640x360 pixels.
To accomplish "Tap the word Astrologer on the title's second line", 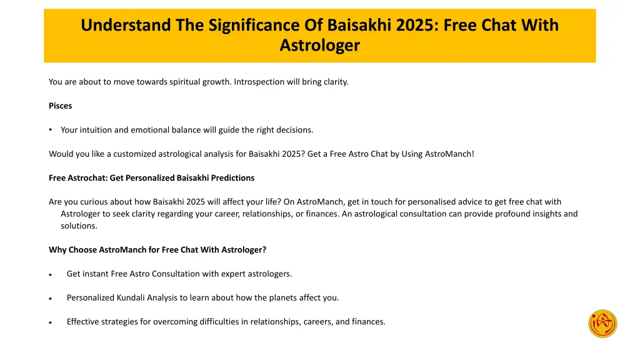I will pyautogui.click(x=319, y=46).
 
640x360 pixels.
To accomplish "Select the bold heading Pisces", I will pyautogui.click(x=60, y=106).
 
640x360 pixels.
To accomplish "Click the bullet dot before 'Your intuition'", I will pyautogui.click(x=51, y=130).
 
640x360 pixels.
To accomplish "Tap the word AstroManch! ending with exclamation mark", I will pyautogui.click(x=449, y=154).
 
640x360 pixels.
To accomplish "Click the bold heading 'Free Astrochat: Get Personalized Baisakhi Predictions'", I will pyautogui.click(x=151, y=177).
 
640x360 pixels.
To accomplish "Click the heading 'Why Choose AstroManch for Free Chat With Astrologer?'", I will pyautogui.click(x=157, y=249).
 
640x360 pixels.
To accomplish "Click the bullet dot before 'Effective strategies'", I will pyautogui.click(x=51, y=322).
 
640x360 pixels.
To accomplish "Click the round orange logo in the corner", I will pyautogui.click(x=602, y=324).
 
